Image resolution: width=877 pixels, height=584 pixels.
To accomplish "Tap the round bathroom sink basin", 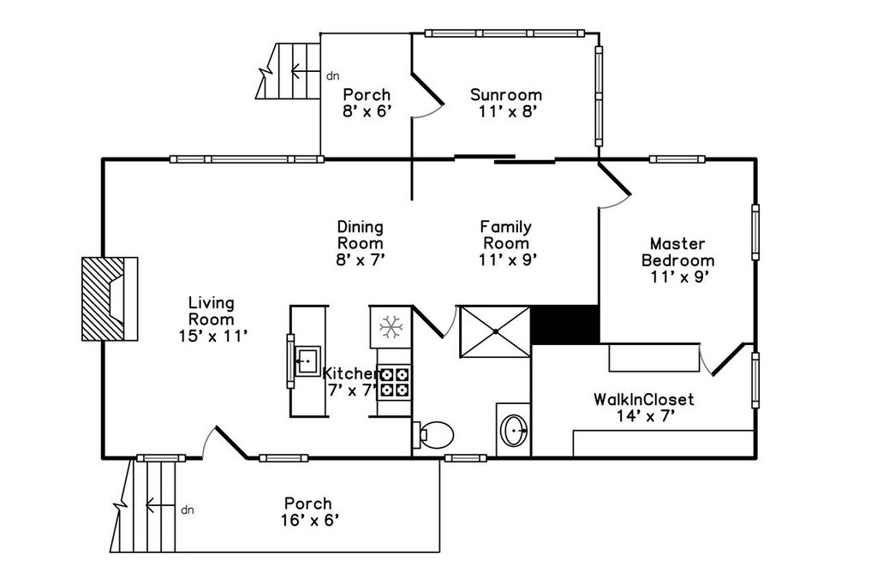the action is point(514,430).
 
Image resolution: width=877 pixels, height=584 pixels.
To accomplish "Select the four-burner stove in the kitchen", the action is point(395,382).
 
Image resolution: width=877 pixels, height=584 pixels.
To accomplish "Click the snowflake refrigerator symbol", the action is point(391,327).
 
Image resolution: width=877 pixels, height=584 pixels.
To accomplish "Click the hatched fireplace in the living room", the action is point(110,299).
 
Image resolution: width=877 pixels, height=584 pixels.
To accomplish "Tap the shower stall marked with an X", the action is point(495,331).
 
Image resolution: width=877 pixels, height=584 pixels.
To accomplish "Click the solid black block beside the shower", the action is point(565,325).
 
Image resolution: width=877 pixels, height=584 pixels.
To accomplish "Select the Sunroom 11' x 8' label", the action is point(507,103).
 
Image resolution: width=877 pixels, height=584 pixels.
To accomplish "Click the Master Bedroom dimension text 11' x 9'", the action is point(679,277).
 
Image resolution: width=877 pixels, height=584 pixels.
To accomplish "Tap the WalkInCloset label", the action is point(644,399).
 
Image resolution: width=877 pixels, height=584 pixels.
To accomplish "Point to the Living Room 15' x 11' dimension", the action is point(213,336).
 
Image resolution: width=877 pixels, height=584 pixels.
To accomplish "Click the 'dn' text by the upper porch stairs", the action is point(333,76).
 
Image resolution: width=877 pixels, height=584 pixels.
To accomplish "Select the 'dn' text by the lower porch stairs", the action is point(188,510).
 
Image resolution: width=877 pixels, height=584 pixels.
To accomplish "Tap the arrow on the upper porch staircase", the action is point(306,71).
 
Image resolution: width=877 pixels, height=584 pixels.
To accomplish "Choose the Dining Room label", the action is point(361,235).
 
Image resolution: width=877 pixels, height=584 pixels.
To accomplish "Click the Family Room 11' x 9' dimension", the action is point(508,259).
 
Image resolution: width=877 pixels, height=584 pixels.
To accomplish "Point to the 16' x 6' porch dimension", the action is point(310,521).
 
